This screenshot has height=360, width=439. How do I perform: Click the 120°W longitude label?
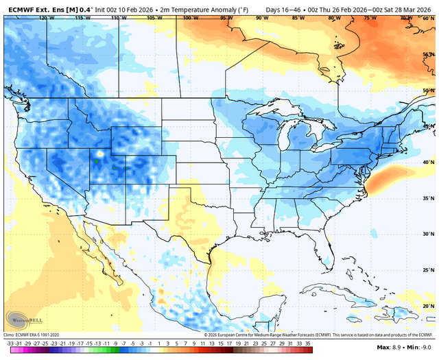[47, 19]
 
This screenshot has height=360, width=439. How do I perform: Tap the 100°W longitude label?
[187, 19]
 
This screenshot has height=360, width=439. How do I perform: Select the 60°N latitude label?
[429, 19]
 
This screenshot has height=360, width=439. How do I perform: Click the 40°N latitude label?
[429, 163]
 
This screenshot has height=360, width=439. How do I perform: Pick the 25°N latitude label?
[429, 269]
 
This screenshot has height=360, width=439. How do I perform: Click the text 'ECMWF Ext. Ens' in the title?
[30, 9]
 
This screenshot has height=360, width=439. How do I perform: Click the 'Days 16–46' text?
[281, 9]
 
